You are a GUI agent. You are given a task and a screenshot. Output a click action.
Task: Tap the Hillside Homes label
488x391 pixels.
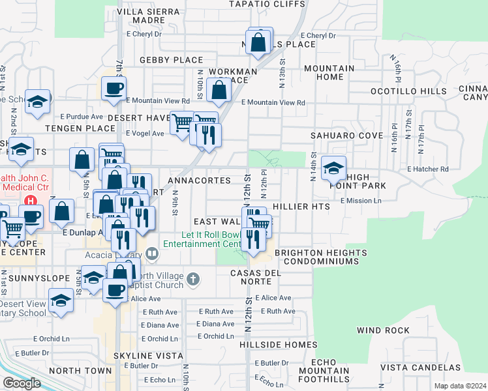[x=278, y=344]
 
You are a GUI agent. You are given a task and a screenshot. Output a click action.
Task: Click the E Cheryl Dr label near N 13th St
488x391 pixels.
[x=318, y=36]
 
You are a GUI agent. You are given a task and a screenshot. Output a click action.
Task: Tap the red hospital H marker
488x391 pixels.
[x=29, y=201]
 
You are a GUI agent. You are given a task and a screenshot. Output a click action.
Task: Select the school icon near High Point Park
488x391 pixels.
[x=333, y=169]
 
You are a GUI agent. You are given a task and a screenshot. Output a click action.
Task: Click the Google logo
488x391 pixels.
[x=22, y=383]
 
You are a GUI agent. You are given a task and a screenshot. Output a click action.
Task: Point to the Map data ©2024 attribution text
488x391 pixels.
[x=459, y=386]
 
